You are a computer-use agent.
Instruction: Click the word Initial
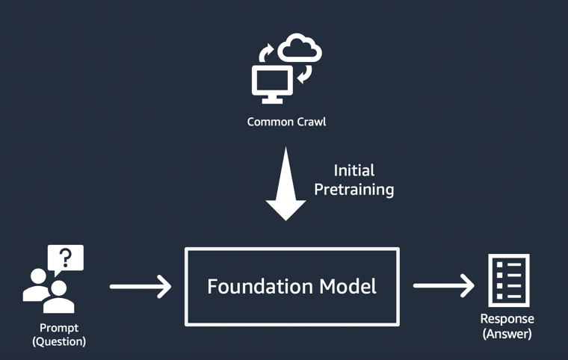click(x=354, y=170)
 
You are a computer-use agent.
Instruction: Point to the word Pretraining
click(x=354, y=190)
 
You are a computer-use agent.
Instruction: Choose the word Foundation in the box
click(x=253, y=286)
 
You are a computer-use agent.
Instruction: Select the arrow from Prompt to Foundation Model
click(x=141, y=286)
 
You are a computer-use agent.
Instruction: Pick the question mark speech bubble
click(x=66, y=258)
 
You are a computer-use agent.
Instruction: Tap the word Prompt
click(x=59, y=328)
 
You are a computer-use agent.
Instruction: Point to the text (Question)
click(x=59, y=341)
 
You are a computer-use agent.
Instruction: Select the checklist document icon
click(x=509, y=280)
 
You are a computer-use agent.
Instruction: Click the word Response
click(x=507, y=320)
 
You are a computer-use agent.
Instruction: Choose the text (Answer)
click(x=507, y=334)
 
